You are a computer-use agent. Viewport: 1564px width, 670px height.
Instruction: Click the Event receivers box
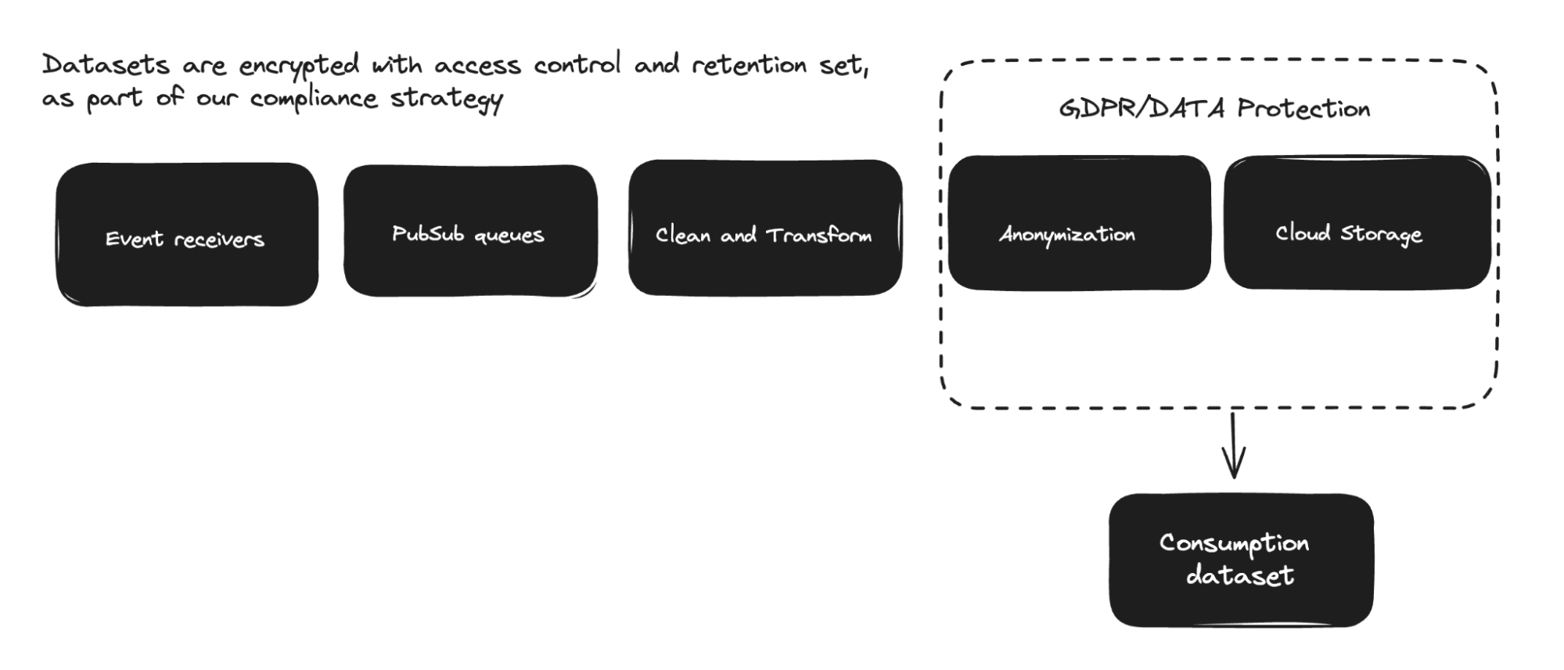(187, 234)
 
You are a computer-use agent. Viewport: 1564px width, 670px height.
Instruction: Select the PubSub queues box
(470, 231)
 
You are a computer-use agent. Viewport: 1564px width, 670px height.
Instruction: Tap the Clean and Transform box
(765, 228)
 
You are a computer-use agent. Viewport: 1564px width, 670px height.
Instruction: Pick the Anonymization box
(1079, 222)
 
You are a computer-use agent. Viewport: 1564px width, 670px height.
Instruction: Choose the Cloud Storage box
(1357, 222)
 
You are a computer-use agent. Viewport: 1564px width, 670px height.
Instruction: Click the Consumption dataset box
(1241, 560)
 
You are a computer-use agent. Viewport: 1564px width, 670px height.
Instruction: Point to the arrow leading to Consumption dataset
(1234, 445)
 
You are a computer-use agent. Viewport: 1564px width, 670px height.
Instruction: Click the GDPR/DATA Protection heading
(1214, 108)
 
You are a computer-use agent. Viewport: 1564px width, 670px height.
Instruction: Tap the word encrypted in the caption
(299, 66)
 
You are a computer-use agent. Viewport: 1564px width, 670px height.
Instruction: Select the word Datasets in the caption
(106, 64)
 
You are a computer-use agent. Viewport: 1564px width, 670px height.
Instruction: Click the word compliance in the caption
(314, 99)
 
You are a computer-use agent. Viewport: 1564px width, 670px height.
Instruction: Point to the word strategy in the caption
(447, 99)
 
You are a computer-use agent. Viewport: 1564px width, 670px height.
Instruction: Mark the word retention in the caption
(749, 64)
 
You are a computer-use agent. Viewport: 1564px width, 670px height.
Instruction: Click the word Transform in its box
(818, 235)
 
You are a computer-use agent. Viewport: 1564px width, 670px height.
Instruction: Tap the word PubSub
(428, 233)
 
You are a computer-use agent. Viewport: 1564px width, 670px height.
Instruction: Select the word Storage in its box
(1381, 234)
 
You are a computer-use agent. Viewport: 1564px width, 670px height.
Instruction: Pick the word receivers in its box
(219, 239)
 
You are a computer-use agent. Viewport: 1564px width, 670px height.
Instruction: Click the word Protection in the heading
(1303, 108)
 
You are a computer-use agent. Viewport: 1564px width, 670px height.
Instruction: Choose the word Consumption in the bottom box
(1234, 544)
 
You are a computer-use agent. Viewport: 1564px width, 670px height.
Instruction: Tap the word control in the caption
(577, 63)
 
